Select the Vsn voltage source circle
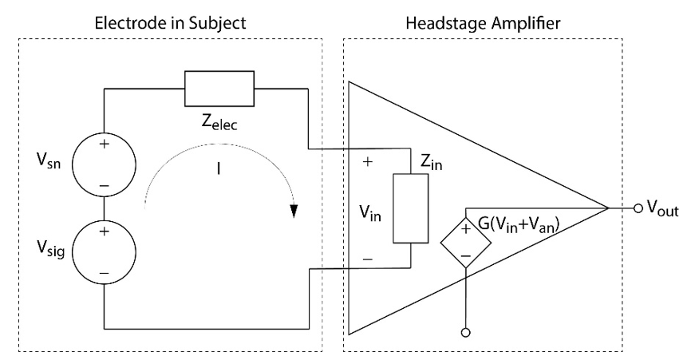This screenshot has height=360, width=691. pyautogui.click(x=104, y=164)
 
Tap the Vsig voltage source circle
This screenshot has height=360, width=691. pyautogui.click(x=104, y=251)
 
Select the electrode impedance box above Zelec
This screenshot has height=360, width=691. pyautogui.click(x=219, y=88)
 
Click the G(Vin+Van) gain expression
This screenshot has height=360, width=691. pyautogui.click(x=529, y=224)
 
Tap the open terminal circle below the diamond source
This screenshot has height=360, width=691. pyautogui.click(x=464, y=330)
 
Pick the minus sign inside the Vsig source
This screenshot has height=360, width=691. pyautogui.click(x=104, y=271)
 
